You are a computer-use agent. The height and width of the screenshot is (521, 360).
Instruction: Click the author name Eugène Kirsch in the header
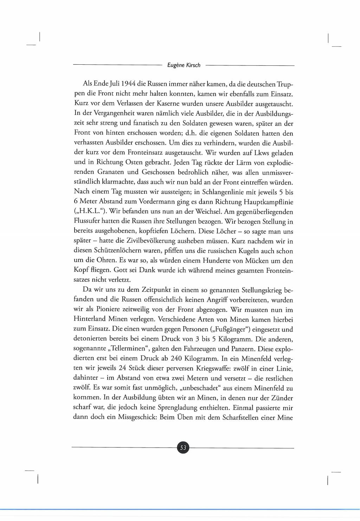tap(184, 65)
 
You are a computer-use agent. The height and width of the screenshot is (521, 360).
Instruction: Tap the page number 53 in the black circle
tap(183, 448)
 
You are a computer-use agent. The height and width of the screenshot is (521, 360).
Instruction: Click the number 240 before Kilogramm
tap(177, 359)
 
